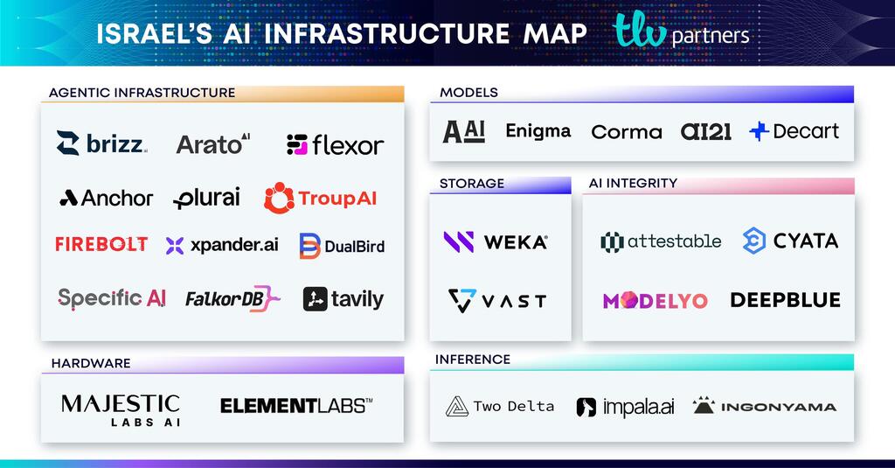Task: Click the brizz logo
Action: point(101,143)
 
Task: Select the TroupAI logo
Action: point(321,198)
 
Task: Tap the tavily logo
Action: point(343,299)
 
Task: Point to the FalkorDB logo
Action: point(232,299)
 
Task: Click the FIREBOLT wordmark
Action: point(101,244)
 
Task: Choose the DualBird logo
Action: point(342,246)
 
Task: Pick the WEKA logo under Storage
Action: point(496,241)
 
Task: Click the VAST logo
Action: point(497,300)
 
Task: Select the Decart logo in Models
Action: point(794,131)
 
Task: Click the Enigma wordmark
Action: point(538,131)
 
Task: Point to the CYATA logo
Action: point(790,241)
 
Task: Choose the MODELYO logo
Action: point(655,300)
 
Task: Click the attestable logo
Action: point(661,241)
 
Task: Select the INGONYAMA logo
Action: point(764,406)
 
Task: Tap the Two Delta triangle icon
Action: point(457,407)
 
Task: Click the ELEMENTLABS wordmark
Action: point(296,405)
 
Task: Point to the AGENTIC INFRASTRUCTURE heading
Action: point(142,93)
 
